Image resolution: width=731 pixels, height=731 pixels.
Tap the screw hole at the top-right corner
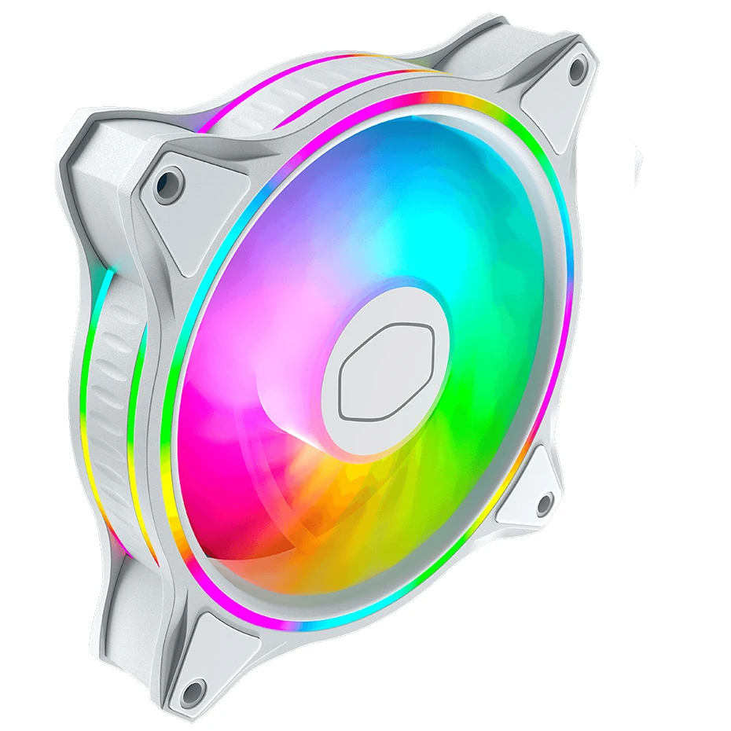click(x=578, y=70)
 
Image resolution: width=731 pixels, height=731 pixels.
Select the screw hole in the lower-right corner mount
click(x=542, y=501)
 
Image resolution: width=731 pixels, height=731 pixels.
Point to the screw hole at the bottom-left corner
click(x=191, y=692)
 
